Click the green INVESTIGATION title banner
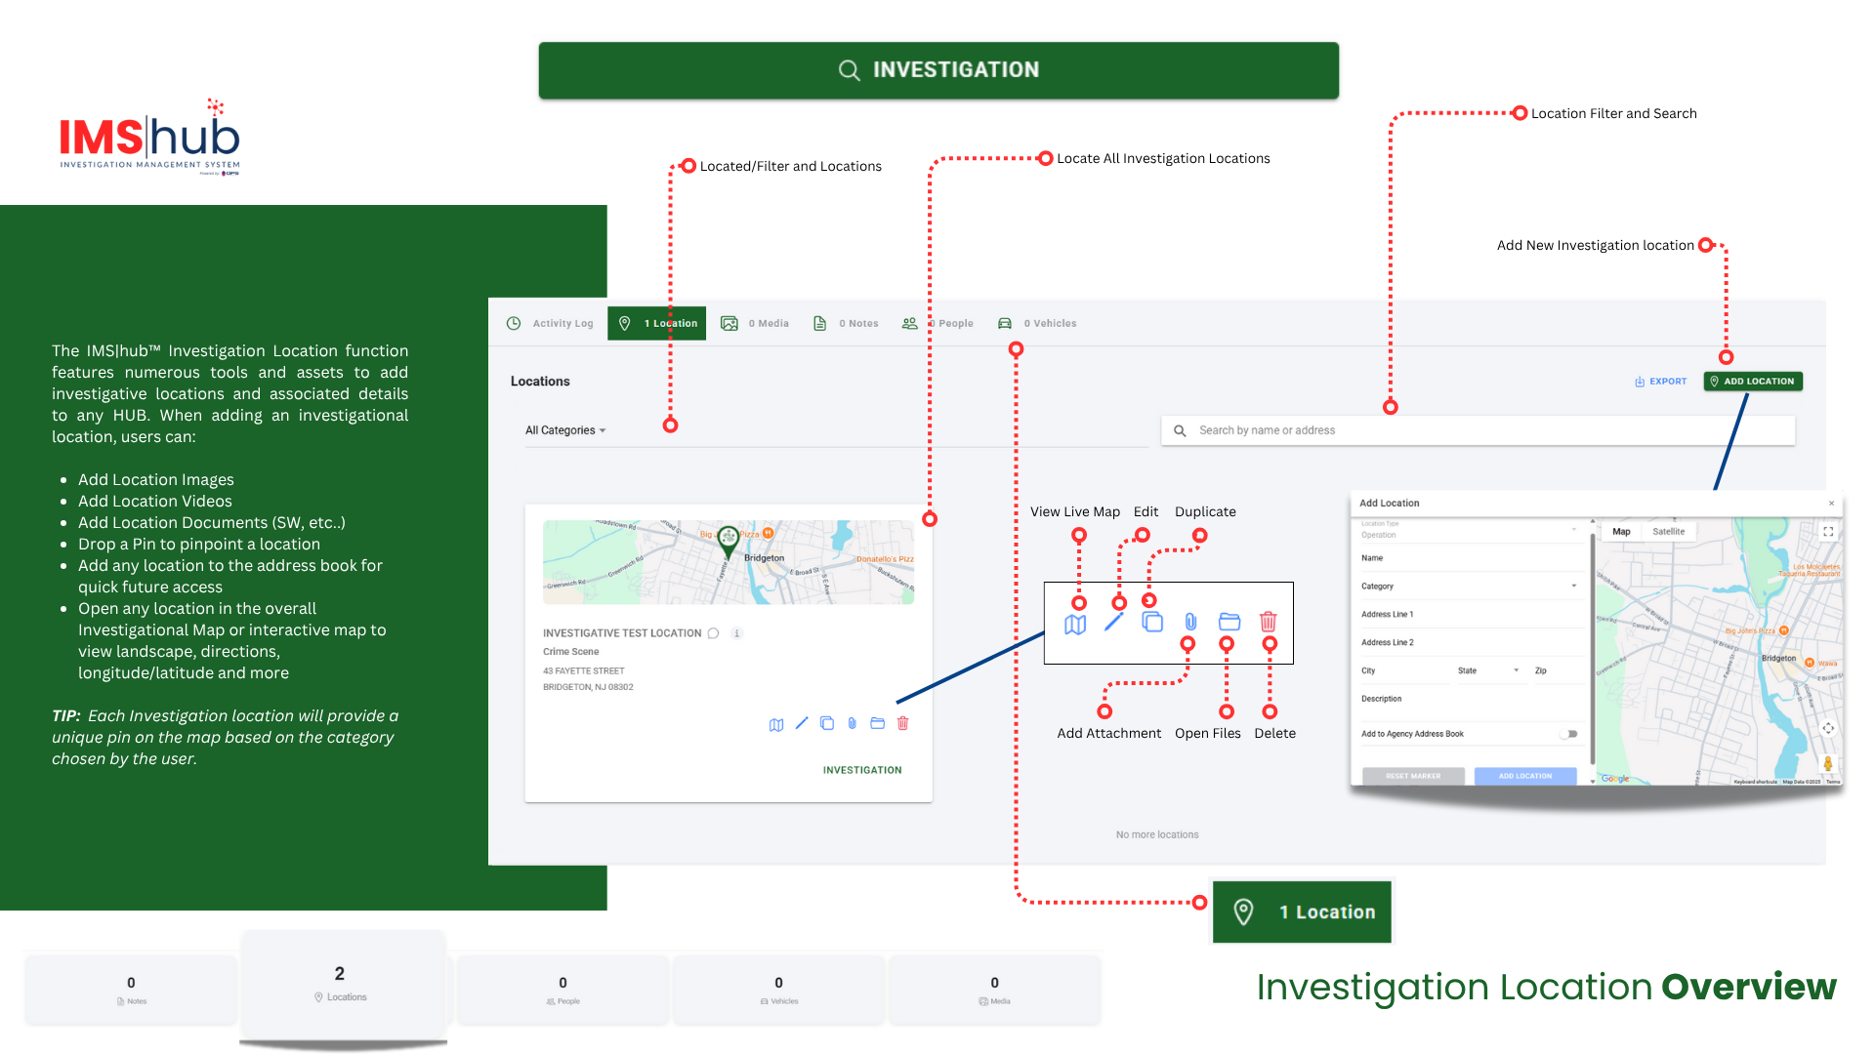pos(937,70)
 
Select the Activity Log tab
pos(551,324)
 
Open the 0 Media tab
pos(755,324)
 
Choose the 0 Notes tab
pos(846,324)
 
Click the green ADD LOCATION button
pos(1753,382)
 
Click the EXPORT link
pos(1661,382)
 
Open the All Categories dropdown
pos(565,430)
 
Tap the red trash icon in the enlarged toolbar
pos(1268,622)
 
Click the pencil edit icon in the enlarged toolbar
pos(1113,622)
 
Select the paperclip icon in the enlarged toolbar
pos(1190,622)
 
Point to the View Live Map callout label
pos(1074,512)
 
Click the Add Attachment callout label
pos(1108,734)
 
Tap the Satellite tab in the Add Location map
pos(1668,532)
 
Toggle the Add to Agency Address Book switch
pos(1568,734)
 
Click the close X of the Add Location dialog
pos(1831,504)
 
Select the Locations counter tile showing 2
pos(342,984)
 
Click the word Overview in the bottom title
pos(1748,987)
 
